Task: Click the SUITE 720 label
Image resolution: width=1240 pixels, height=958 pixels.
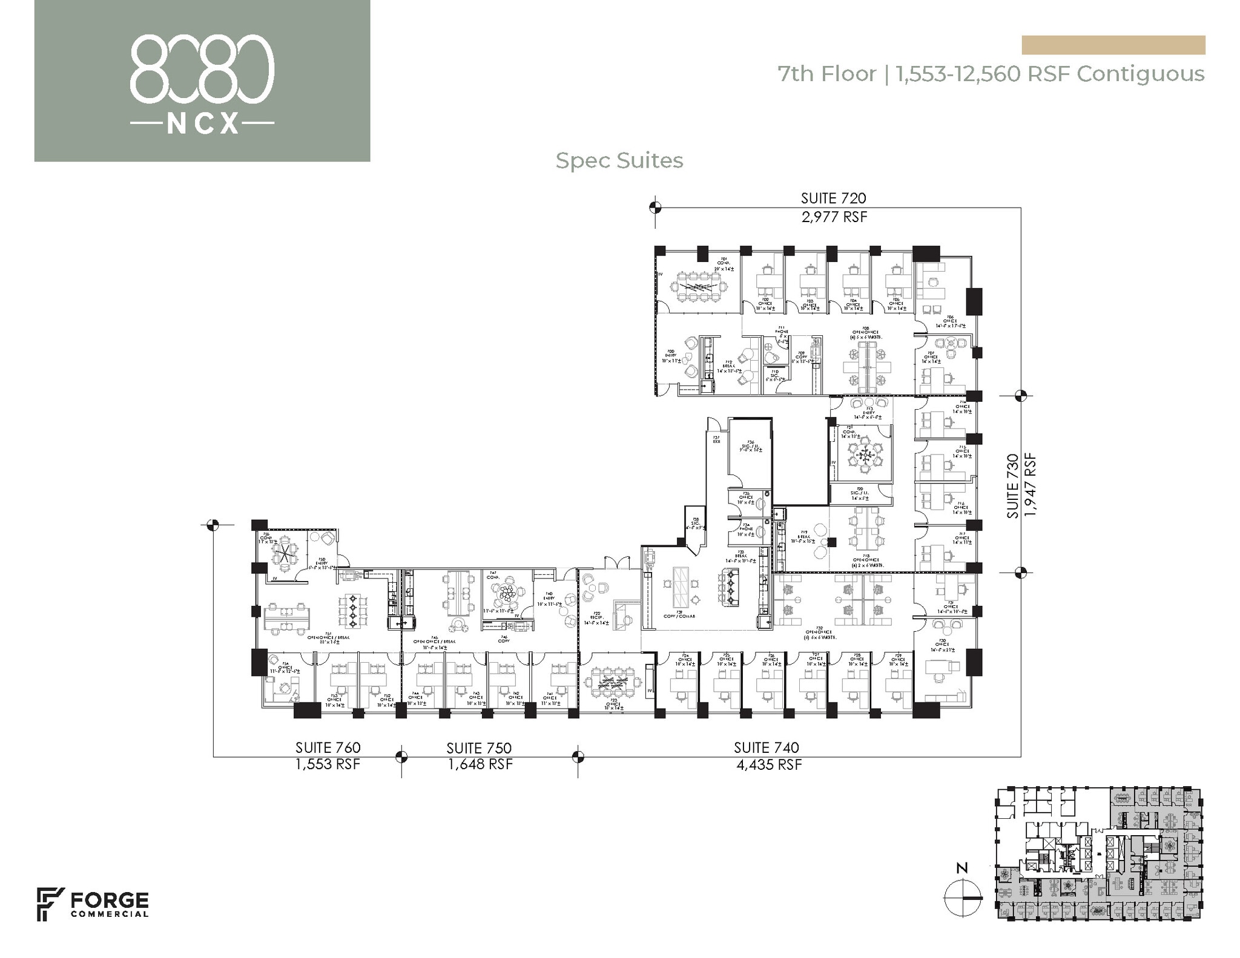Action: tap(833, 198)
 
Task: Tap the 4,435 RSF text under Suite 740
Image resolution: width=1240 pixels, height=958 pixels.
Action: tap(769, 765)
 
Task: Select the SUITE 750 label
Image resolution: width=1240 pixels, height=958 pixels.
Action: tap(480, 749)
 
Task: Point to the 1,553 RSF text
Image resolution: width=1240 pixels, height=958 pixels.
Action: tap(328, 764)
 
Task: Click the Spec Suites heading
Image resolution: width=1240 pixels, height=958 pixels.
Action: tap(619, 161)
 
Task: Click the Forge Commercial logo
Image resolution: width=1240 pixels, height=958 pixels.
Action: tap(93, 904)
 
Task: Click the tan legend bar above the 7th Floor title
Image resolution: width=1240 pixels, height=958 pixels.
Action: tap(1113, 45)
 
